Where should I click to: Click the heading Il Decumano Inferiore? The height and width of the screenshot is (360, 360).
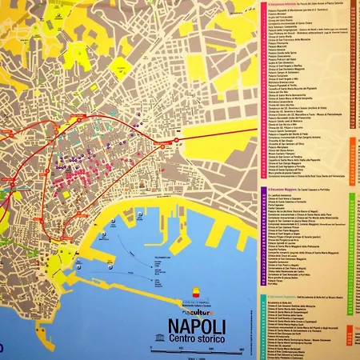pos(288,2)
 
